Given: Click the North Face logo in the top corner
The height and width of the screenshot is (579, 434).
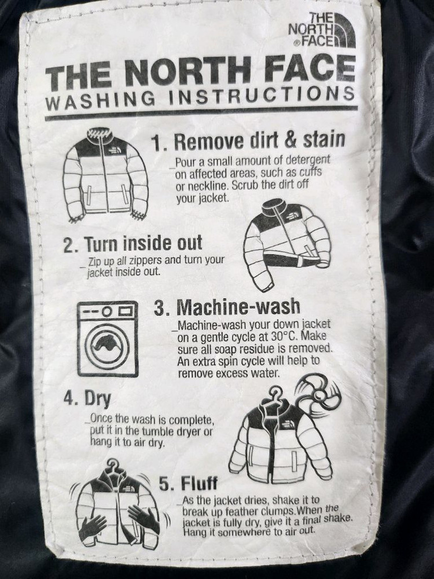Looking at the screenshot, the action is (x=322, y=30).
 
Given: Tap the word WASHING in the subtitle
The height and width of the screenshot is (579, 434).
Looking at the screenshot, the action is (x=100, y=100).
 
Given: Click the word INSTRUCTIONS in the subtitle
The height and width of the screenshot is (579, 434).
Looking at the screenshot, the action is (x=262, y=94).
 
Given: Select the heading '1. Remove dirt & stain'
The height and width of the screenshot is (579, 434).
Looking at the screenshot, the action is (x=249, y=141).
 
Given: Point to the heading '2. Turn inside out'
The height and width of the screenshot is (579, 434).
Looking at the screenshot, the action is (x=133, y=244).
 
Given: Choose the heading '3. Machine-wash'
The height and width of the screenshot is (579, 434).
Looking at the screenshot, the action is (x=227, y=307).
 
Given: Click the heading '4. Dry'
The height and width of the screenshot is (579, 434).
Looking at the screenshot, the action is (x=87, y=398).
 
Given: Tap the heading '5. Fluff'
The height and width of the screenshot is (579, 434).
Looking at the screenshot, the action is (x=189, y=483).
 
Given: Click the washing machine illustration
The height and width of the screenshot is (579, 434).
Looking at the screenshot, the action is (x=108, y=339).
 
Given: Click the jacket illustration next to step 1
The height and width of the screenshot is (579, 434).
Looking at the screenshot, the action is (x=105, y=175).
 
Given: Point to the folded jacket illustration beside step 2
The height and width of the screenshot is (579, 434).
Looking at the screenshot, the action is (x=288, y=244).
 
